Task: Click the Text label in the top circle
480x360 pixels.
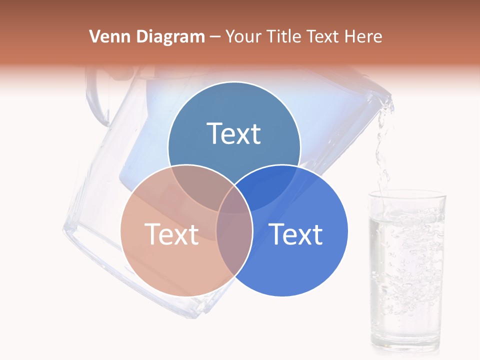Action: click(x=234, y=133)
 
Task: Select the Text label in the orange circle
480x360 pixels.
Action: click(x=171, y=234)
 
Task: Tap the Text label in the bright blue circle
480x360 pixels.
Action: click(x=296, y=234)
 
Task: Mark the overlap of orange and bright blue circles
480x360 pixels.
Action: click(x=234, y=240)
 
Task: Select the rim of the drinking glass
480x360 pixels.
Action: click(x=406, y=195)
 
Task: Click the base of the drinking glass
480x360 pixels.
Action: click(x=406, y=345)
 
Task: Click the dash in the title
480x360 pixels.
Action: click(x=215, y=37)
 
